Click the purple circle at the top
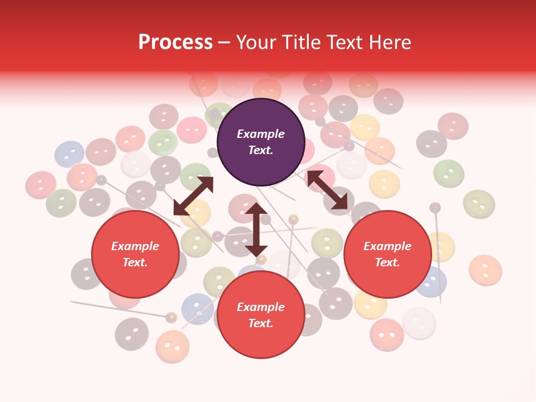tap(261, 142)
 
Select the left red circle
tap(135, 255)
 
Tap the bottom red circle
tap(261, 315)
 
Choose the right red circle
tap(387, 255)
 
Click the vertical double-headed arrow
tap(256, 229)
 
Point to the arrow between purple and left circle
tap(193, 196)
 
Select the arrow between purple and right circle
tap(327, 190)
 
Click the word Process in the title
tap(175, 42)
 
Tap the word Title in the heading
tap(300, 42)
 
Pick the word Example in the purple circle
tap(261, 134)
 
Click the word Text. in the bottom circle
tap(261, 323)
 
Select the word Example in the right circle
tap(387, 246)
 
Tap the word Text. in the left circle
tap(135, 263)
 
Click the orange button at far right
tap(485, 270)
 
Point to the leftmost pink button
tap(41, 185)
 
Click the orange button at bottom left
tap(173, 346)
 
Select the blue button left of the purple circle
tap(69, 154)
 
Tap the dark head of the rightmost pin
tap(435, 208)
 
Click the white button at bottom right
tap(419, 323)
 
